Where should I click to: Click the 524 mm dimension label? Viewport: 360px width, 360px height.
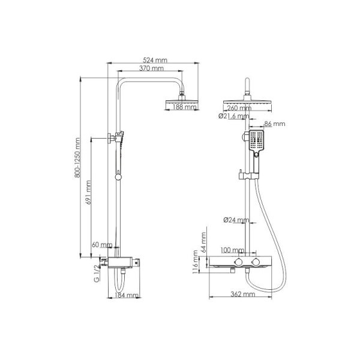155,59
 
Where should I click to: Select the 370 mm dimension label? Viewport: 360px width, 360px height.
151,69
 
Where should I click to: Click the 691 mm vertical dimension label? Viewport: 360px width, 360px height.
88,194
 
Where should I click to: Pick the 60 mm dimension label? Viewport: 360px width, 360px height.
102,245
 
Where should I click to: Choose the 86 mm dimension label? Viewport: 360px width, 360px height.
275,124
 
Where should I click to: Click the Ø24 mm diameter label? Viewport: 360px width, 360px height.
236,220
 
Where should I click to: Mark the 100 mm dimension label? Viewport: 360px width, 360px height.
232,250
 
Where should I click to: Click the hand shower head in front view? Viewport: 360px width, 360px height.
257,142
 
